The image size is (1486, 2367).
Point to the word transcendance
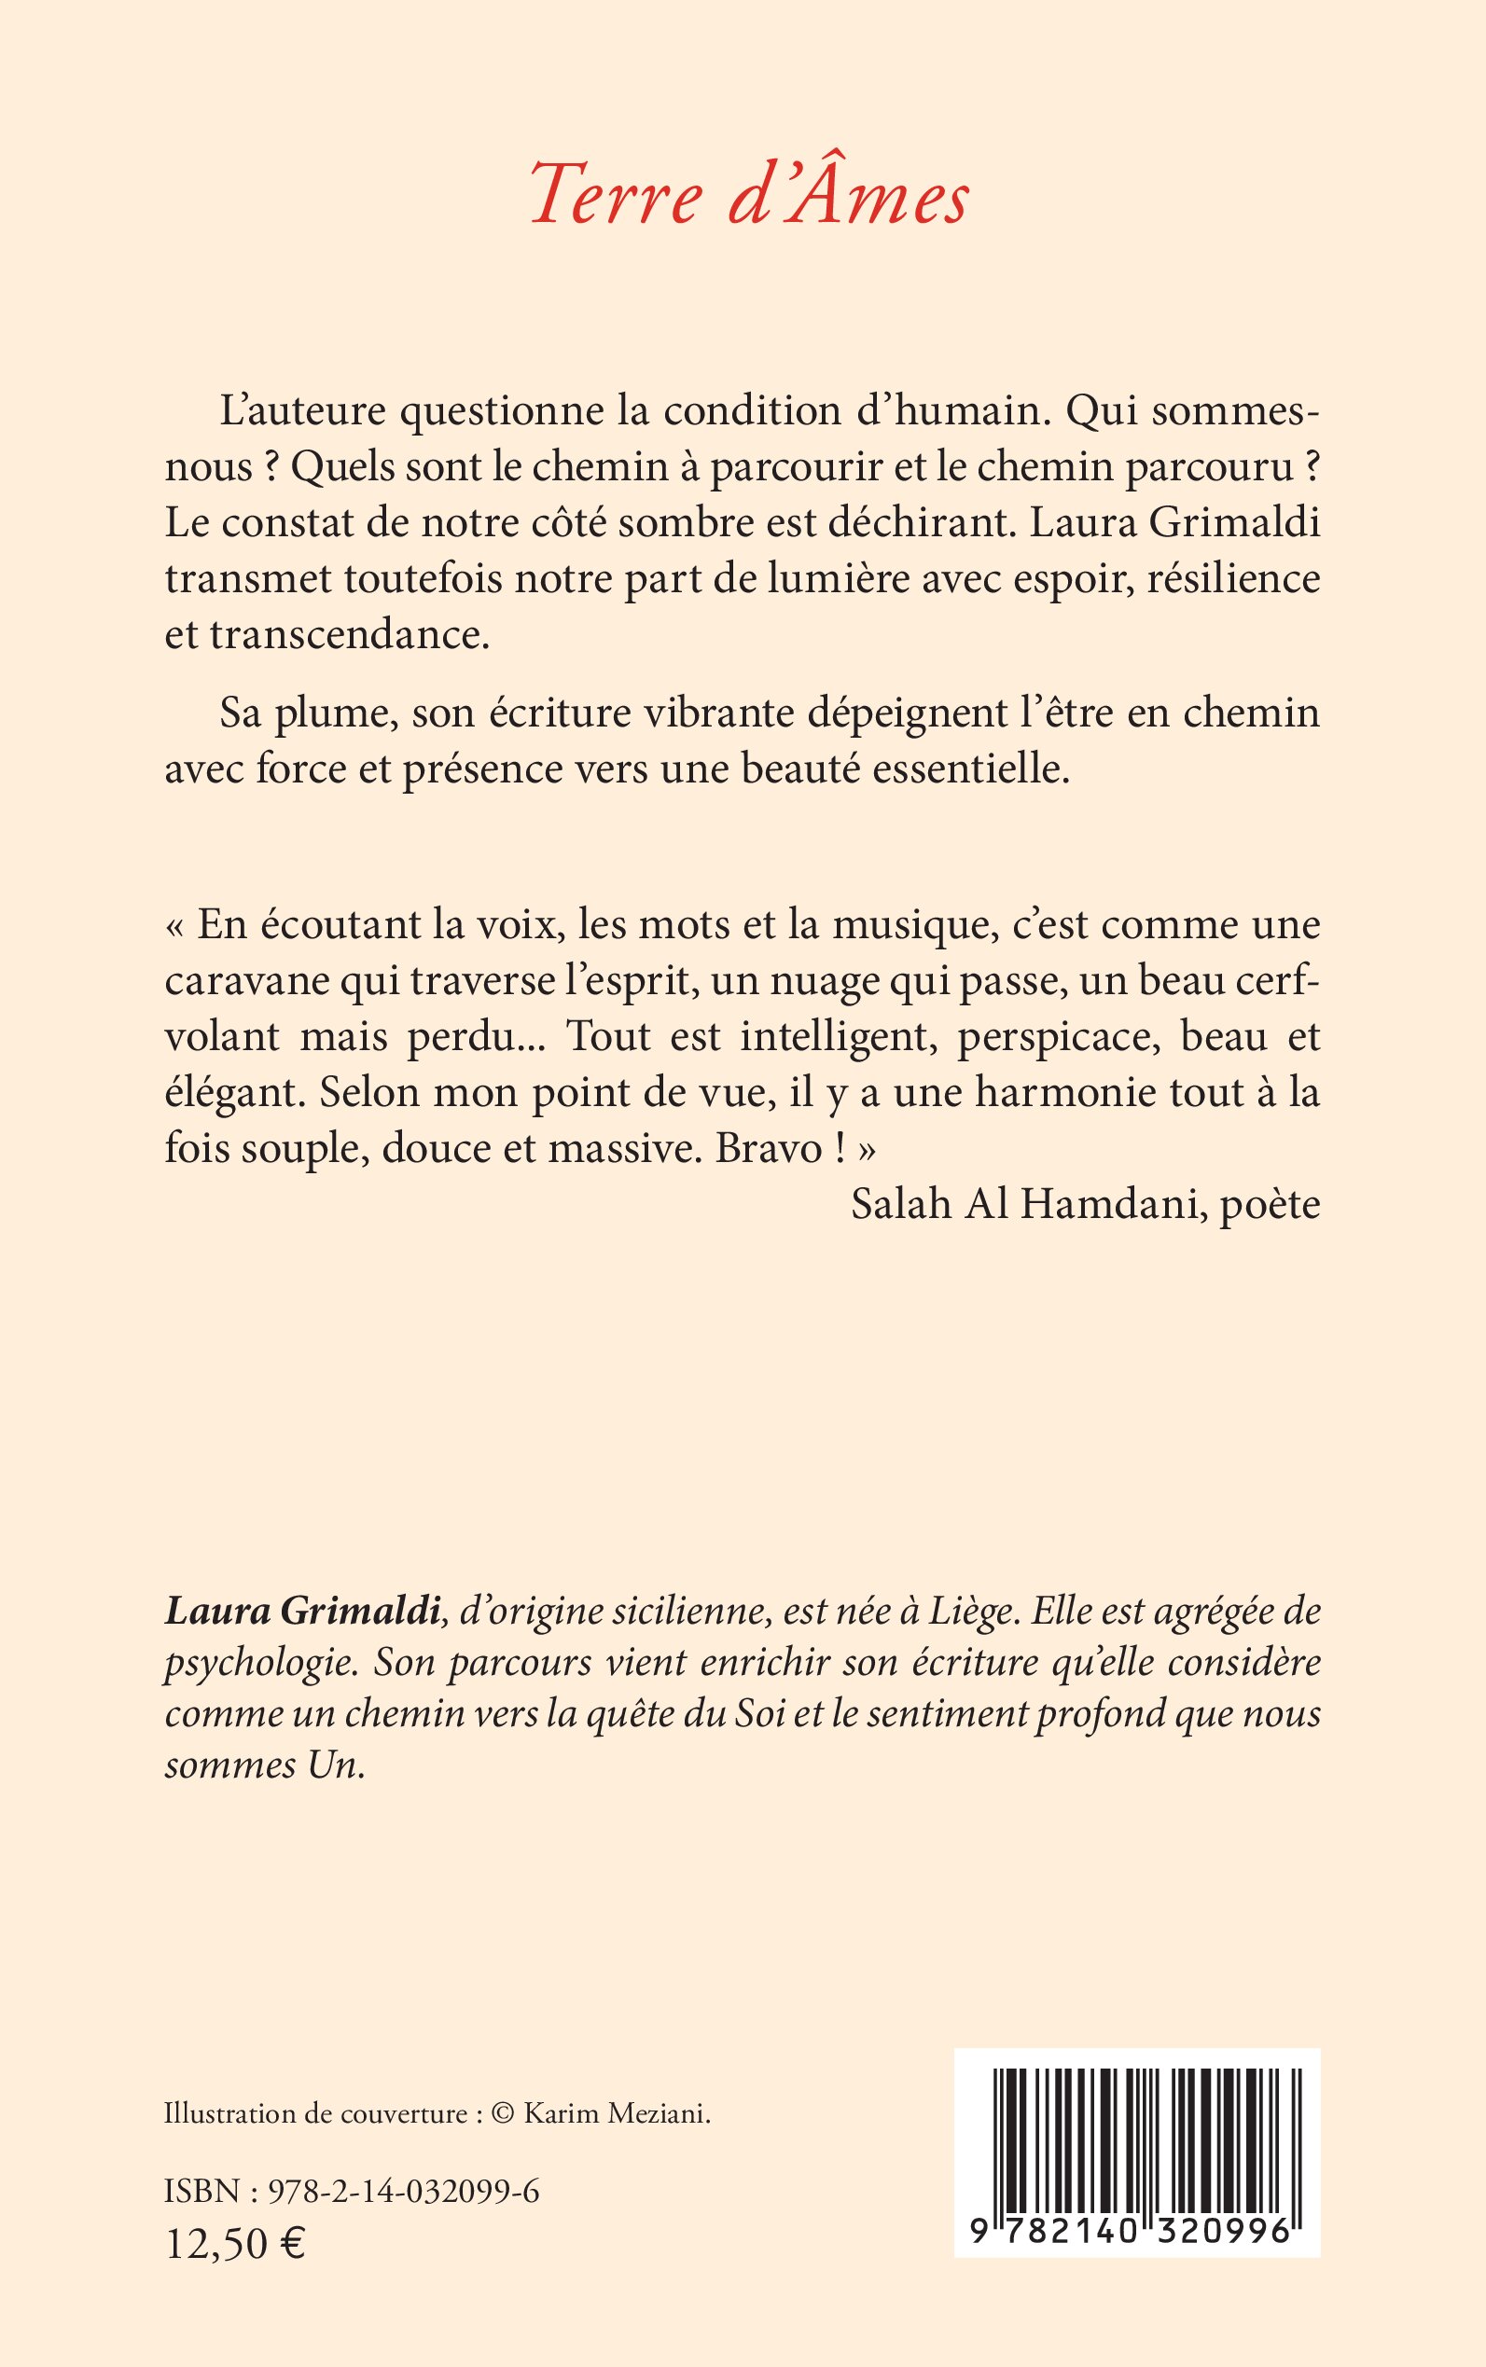point(349,635)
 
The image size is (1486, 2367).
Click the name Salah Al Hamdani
point(1027,1205)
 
